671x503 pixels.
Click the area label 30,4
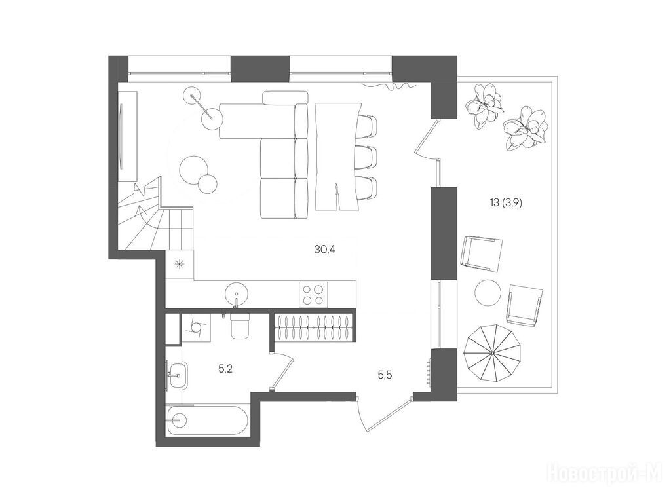[x=324, y=250]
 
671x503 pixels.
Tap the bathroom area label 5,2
[x=225, y=369]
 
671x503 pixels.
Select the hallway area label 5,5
[x=385, y=375]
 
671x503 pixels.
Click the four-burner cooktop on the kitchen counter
[x=314, y=294]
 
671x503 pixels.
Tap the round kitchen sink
[x=236, y=293]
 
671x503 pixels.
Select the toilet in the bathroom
[x=240, y=326]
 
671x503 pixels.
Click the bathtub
[x=206, y=420]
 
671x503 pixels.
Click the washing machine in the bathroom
[x=197, y=327]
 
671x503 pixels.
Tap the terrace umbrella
[x=493, y=352]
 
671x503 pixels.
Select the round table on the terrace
[x=488, y=293]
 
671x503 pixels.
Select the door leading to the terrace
[x=427, y=139]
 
